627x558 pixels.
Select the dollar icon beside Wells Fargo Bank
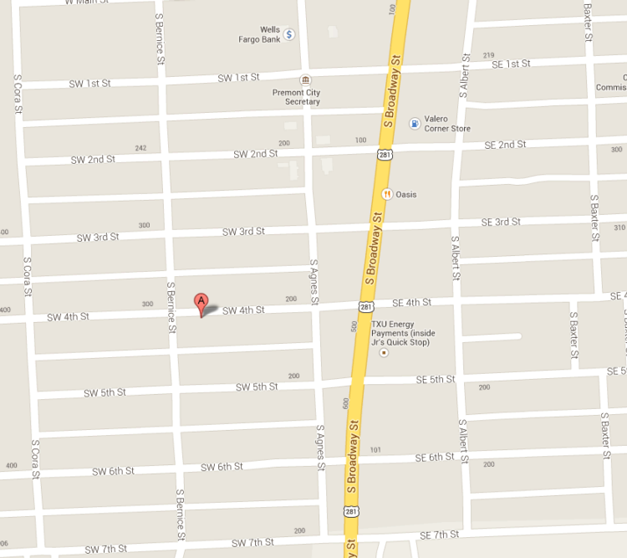289,34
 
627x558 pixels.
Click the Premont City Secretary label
296,97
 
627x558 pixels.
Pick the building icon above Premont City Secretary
305,80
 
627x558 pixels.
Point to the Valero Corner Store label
447,124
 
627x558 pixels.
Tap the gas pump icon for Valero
415,123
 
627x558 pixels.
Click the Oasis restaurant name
407,195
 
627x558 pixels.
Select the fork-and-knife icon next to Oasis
387,194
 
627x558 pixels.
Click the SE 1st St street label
512,64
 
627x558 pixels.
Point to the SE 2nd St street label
505,145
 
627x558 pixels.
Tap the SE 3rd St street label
500,222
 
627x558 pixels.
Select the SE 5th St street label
436,380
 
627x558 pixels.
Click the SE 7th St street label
439,535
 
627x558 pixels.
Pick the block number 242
140,149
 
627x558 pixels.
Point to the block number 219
489,55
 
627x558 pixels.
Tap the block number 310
619,228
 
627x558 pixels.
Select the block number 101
375,451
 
